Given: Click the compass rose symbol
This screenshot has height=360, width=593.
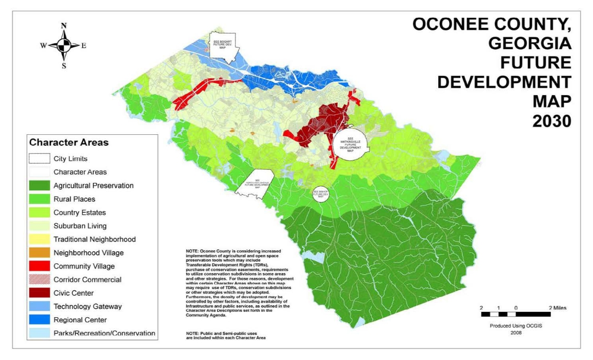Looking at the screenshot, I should point(64,45).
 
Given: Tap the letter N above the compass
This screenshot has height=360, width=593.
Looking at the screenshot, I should point(64,26).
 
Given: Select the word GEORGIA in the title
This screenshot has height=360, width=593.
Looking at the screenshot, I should point(530,43).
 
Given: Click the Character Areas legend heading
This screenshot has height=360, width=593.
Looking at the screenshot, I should point(69,142).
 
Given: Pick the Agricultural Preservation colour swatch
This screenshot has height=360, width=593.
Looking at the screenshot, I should point(39,185).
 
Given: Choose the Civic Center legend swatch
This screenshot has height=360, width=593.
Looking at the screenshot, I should point(39,293).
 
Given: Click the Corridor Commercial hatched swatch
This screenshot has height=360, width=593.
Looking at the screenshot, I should point(39,280).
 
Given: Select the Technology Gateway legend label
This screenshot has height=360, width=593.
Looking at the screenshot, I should point(87,306).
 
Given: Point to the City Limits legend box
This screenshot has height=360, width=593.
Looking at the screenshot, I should point(39,158).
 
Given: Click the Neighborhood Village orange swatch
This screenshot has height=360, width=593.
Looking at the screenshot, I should point(39,253).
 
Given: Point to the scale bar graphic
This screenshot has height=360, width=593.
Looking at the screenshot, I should point(516,315).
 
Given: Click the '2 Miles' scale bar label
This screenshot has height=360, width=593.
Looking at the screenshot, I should point(557,308).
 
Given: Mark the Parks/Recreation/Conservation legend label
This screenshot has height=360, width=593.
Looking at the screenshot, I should point(104,333).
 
